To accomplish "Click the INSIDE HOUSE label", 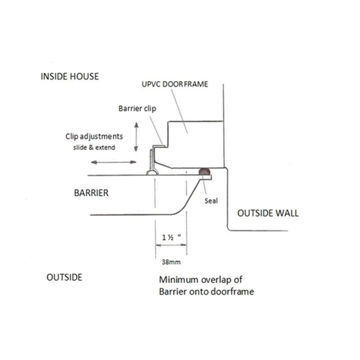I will tap(70, 76).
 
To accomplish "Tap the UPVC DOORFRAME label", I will tap(175, 84).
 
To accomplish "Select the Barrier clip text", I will tap(138, 108).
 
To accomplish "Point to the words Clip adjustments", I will tap(94, 136).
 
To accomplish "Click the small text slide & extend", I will tap(94, 147).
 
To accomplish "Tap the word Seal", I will tap(211, 201).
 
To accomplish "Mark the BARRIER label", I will tap(91, 193).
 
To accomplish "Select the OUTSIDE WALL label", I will tap(267, 213).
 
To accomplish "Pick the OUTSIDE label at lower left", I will tap(64, 277).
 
